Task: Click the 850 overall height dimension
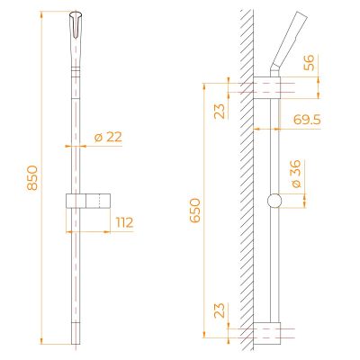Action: (32, 177)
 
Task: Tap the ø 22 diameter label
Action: (108, 138)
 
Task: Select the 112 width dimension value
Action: (124, 222)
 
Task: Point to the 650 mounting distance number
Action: (195, 210)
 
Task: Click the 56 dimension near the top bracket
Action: (310, 62)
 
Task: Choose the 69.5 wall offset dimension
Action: (307, 120)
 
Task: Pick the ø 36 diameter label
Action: (295, 174)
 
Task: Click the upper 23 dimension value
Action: (220, 112)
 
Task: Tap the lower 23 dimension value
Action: (220, 310)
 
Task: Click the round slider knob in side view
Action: (274, 201)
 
